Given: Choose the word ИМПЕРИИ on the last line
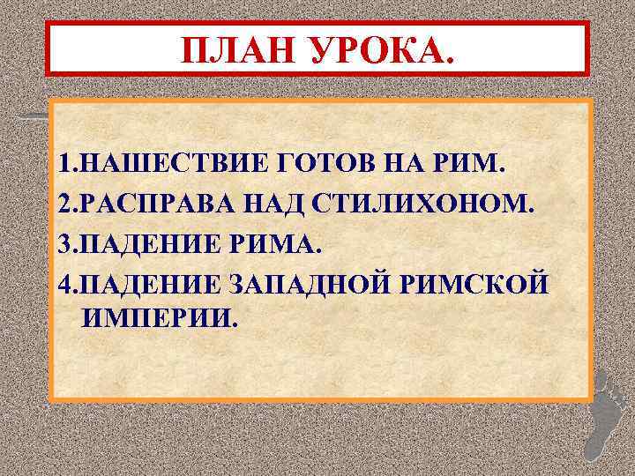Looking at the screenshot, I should pos(160,317).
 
